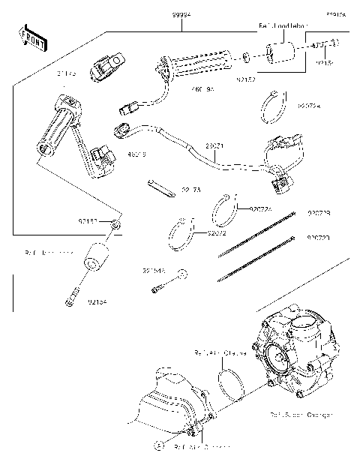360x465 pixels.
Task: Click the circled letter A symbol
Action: [159, 445]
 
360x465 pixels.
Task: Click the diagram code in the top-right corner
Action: [334, 13]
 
